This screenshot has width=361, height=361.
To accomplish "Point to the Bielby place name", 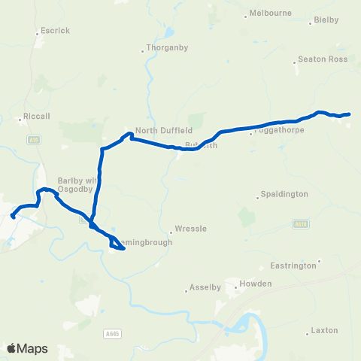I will tap(326, 20).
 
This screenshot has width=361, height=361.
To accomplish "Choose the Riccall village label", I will tap(36, 118).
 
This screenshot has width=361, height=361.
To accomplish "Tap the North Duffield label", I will tap(159, 129).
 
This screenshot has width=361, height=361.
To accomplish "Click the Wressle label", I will tap(185, 229).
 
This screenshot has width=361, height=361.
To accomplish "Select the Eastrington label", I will tap(295, 266).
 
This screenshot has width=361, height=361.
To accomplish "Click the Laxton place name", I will tap(325, 330).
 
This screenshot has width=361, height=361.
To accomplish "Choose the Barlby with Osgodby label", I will tap(75, 185).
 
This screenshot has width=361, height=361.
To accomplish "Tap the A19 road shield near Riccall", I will tap(32, 140).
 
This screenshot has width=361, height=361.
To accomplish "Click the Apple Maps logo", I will tap(27, 348).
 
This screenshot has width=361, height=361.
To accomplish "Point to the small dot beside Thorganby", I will tap(143, 52).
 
